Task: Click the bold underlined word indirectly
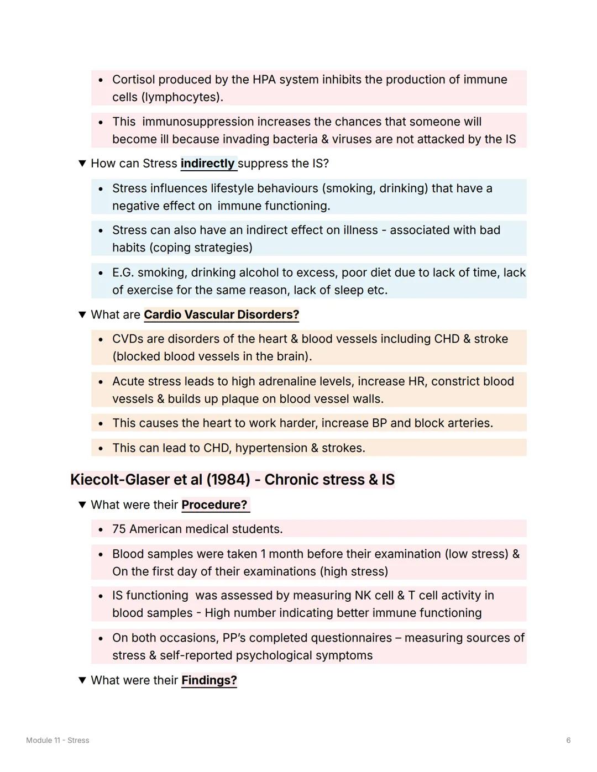pos(207,164)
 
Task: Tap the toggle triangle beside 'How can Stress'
pos(82,164)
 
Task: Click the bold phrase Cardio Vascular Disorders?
pos(221,314)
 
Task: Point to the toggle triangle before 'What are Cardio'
pos(82,314)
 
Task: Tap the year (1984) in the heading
pos(228,480)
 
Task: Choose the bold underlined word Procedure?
pos(214,505)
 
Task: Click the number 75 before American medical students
pos(119,529)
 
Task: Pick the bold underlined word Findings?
pos(209,680)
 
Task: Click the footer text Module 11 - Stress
pos(57,741)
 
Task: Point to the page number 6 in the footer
pos(568,741)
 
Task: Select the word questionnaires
pos(351,638)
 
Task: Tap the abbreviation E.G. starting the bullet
pos(123,272)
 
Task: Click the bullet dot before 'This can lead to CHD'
pos(101,449)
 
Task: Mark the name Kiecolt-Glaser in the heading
pos(120,480)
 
